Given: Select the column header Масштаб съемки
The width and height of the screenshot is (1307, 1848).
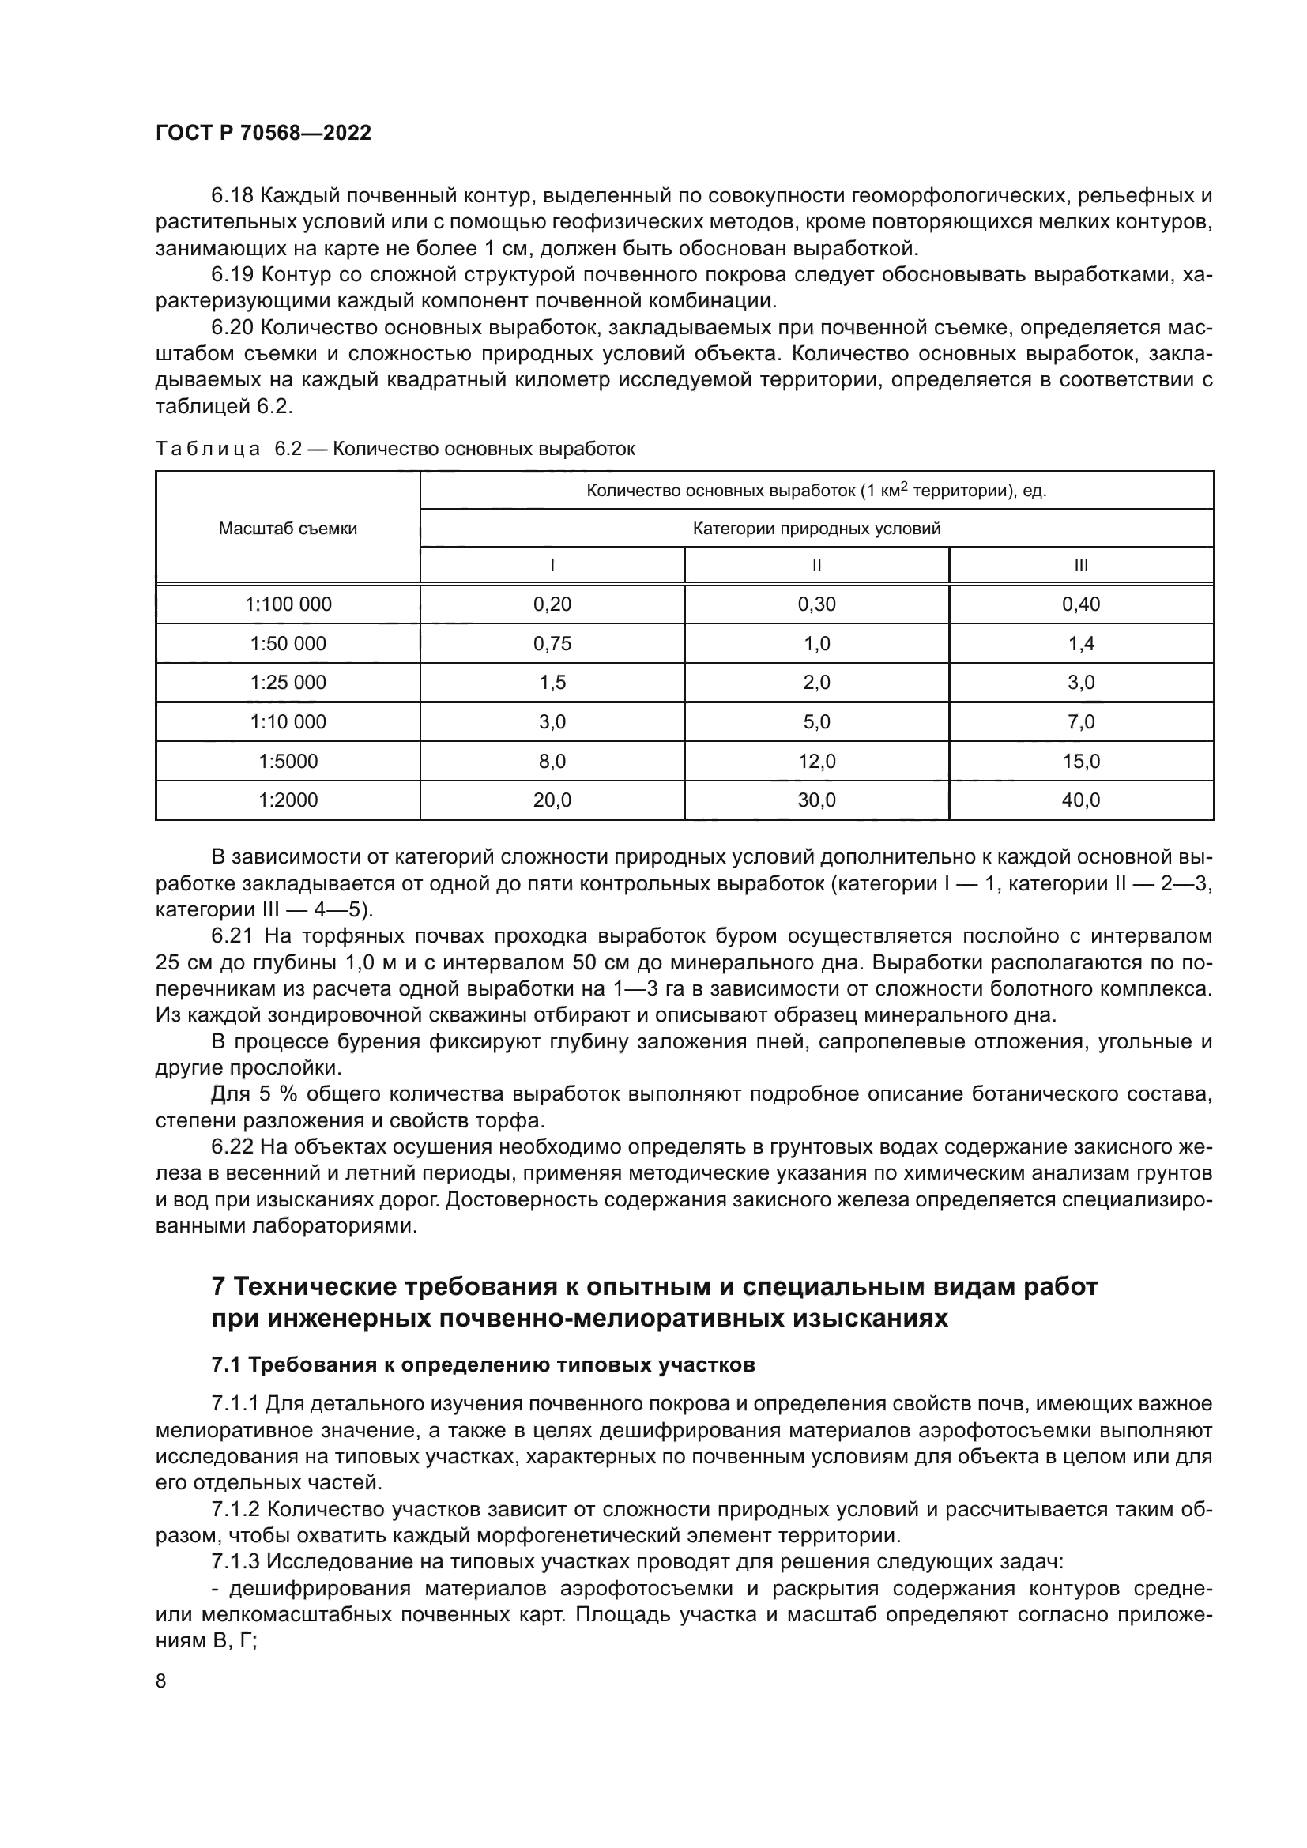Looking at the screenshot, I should [x=288, y=529].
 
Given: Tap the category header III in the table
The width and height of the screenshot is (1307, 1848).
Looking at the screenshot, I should [x=1081, y=566].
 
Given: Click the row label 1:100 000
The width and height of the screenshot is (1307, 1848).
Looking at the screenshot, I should [x=288, y=604].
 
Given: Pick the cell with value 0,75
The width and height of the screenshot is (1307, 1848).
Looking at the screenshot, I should [x=552, y=644].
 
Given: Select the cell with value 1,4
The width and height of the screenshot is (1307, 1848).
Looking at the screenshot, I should [x=1081, y=644].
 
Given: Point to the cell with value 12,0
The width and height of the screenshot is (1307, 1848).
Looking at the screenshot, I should [x=817, y=762].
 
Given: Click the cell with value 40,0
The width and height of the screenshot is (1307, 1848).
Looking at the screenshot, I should [x=1081, y=800].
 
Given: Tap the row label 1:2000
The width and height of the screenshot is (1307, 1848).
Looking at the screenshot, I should [x=288, y=800].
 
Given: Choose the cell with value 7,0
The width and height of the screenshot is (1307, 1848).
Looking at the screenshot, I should [x=1081, y=722].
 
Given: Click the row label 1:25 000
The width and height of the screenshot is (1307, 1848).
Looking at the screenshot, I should [x=288, y=683].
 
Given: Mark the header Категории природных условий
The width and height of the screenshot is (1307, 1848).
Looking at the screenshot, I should [x=817, y=529].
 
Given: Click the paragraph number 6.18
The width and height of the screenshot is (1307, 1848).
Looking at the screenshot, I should [x=232, y=196].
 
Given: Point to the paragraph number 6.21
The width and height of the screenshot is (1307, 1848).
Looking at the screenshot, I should [x=232, y=936].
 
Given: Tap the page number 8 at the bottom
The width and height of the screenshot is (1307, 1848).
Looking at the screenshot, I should [x=161, y=1681].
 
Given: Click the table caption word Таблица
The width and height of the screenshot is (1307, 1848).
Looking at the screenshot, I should [x=208, y=449].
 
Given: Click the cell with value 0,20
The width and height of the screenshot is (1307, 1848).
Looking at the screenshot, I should [x=552, y=604].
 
